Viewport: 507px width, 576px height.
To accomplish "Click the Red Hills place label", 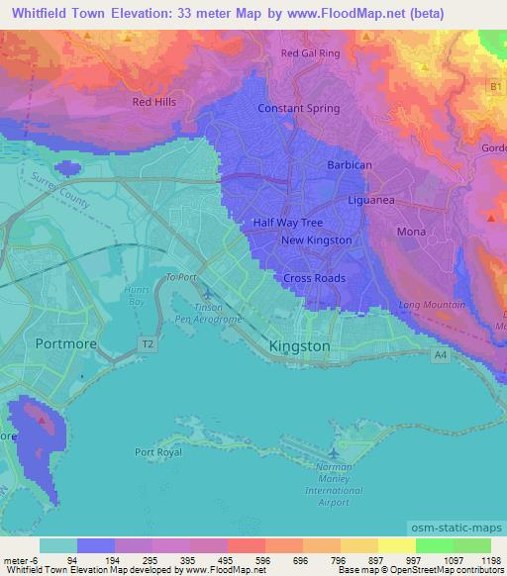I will coord(154,101).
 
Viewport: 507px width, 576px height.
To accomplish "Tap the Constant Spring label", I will coord(299,108).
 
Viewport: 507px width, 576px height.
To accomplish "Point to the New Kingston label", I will coord(316,240).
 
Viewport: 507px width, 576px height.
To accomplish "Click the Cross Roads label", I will coord(315,278).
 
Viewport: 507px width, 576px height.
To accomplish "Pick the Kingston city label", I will coord(299,346).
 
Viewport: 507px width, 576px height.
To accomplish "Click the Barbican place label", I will coord(348,165).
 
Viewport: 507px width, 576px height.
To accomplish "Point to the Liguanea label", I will coord(371,200).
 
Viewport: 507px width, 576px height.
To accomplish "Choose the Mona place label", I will coord(411,232).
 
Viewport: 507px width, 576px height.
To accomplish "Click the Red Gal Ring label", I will coord(310,53).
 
